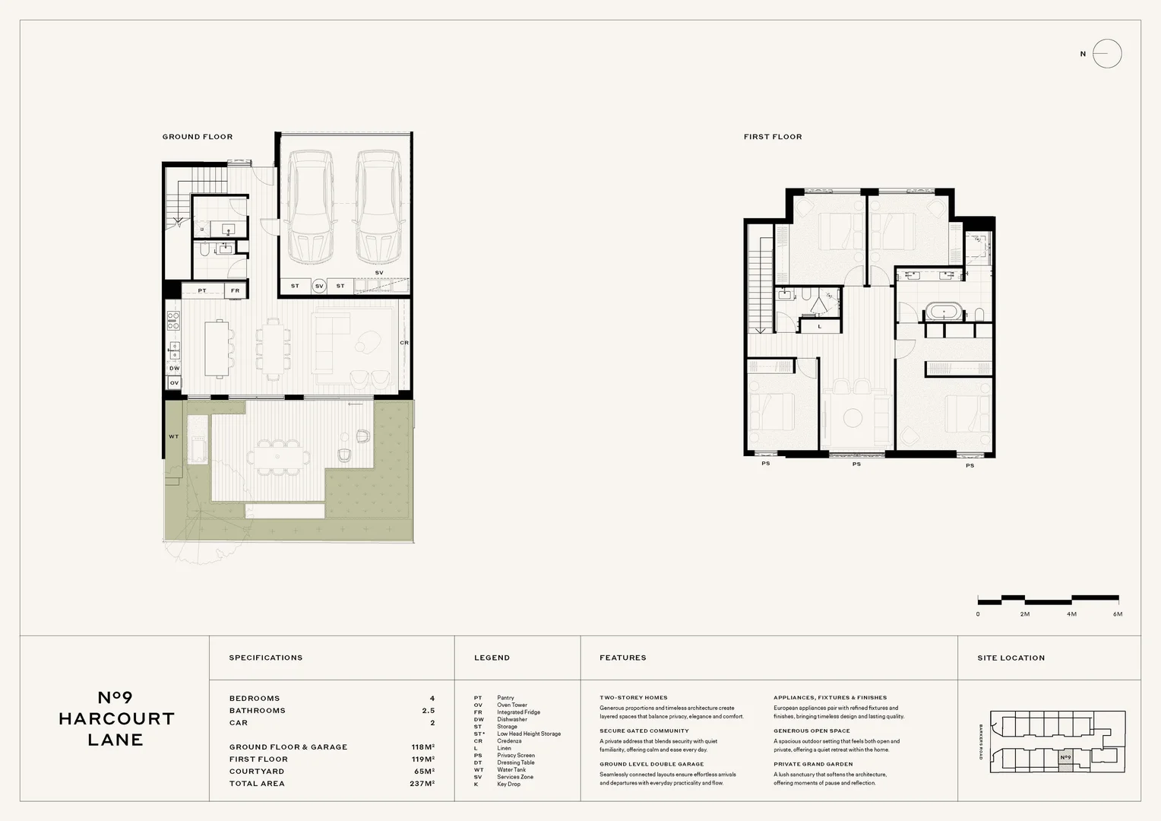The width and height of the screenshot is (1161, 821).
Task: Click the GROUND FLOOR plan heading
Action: pyautogui.click(x=198, y=137)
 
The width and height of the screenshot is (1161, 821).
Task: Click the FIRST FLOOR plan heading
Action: pyautogui.click(x=773, y=137)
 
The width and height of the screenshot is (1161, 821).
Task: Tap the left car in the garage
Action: pyautogui.click(x=311, y=206)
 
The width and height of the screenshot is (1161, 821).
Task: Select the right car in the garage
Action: pyautogui.click(x=378, y=206)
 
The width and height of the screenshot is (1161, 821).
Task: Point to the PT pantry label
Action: pyautogui.click(x=202, y=290)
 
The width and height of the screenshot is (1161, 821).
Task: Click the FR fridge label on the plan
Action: pyautogui.click(x=235, y=290)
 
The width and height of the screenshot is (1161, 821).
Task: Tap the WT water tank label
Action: pyautogui.click(x=173, y=436)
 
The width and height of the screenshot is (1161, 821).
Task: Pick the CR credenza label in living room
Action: pyautogui.click(x=404, y=343)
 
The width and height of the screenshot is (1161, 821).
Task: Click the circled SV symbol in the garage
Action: pyautogui.click(x=319, y=286)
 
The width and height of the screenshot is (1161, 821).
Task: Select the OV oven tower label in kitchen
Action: pyautogui.click(x=174, y=383)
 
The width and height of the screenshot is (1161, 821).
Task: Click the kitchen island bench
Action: pyautogui.click(x=217, y=348)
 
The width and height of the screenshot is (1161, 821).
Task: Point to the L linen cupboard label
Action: pyautogui.click(x=820, y=326)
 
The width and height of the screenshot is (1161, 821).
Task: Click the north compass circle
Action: pyautogui.click(x=1107, y=54)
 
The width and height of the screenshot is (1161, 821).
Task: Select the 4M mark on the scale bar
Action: pyautogui.click(x=1071, y=613)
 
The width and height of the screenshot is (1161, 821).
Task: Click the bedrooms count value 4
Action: pyautogui.click(x=432, y=698)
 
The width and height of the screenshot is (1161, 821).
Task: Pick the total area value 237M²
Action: pyautogui.click(x=422, y=783)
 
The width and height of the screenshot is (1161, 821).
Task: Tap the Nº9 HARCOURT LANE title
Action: pyautogui.click(x=116, y=718)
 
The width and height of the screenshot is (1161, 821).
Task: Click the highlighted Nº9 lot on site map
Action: pyautogui.click(x=1065, y=758)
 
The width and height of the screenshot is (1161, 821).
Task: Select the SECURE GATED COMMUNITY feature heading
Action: pyautogui.click(x=644, y=731)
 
